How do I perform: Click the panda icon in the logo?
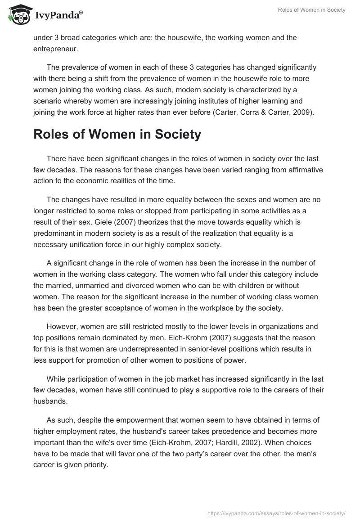click(x=18, y=15)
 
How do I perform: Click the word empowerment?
click(x=122, y=420)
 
